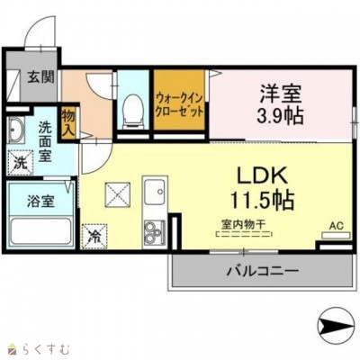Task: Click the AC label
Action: (x=334, y=225)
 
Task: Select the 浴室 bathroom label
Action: (x=40, y=201)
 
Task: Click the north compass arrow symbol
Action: (x=337, y=327)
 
